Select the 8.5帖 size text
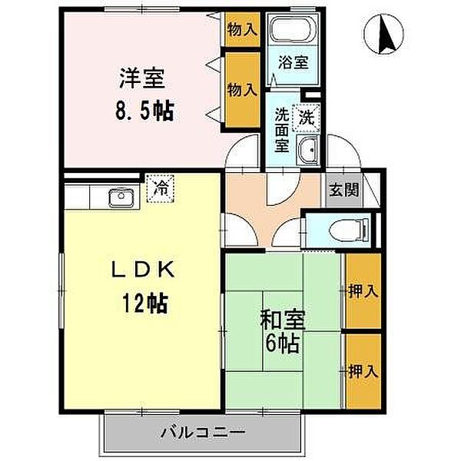coord(144,110)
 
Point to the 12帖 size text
coord(144,300)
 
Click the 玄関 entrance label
coord(343,191)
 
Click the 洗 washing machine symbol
coord(307,118)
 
